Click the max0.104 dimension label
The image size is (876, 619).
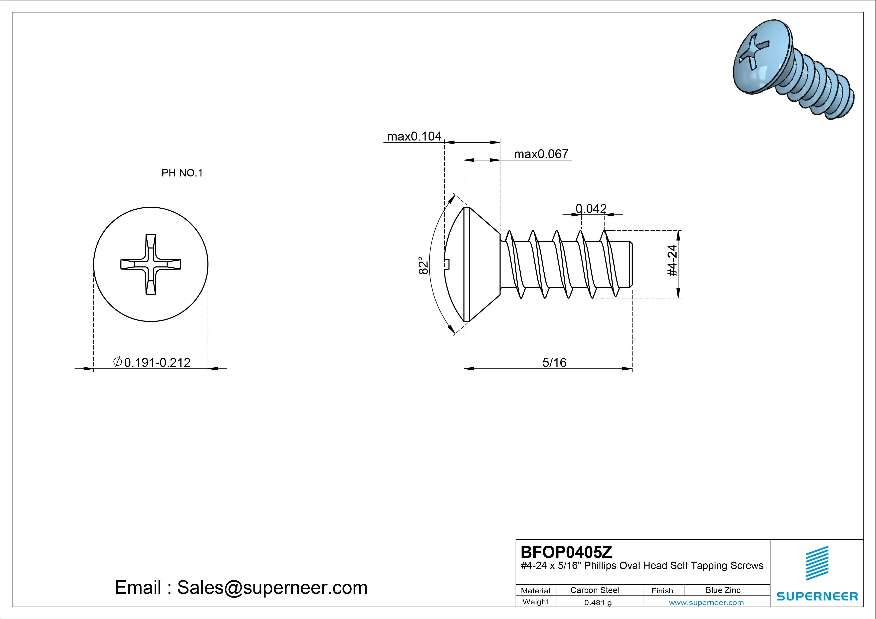pyautogui.click(x=414, y=137)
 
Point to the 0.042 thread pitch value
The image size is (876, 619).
pyautogui.click(x=591, y=209)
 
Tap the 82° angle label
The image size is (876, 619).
pyautogui.click(x=423, y=265)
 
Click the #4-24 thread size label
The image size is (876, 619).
pyautogui.click(x=672, y=261)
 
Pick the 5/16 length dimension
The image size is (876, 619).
pyautogui.click(x=554, y=362)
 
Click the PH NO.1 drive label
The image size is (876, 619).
pyautogui.click(x=182, y=173)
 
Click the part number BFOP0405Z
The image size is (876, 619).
pyautogui.click(x=566, y=552)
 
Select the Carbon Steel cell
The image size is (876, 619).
pyautogui.click(x=594, y=590)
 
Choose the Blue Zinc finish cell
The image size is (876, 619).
pyautogui.click(x=723, y=590)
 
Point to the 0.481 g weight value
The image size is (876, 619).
pyautogui.click(x=598, y=603)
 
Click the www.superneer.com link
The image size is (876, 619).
pyautogui.click(x=706, y=603)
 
